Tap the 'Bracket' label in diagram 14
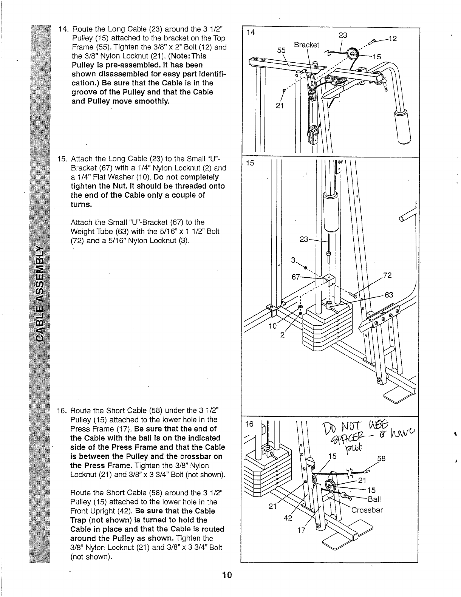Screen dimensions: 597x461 306,45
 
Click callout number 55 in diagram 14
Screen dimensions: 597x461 282,50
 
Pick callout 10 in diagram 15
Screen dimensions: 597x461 272,326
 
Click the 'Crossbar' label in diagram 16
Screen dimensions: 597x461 367,510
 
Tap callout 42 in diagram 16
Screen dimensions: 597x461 288,518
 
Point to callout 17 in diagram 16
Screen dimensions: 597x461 301,530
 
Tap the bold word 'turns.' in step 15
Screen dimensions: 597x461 81,204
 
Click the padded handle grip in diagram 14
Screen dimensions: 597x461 402,127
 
